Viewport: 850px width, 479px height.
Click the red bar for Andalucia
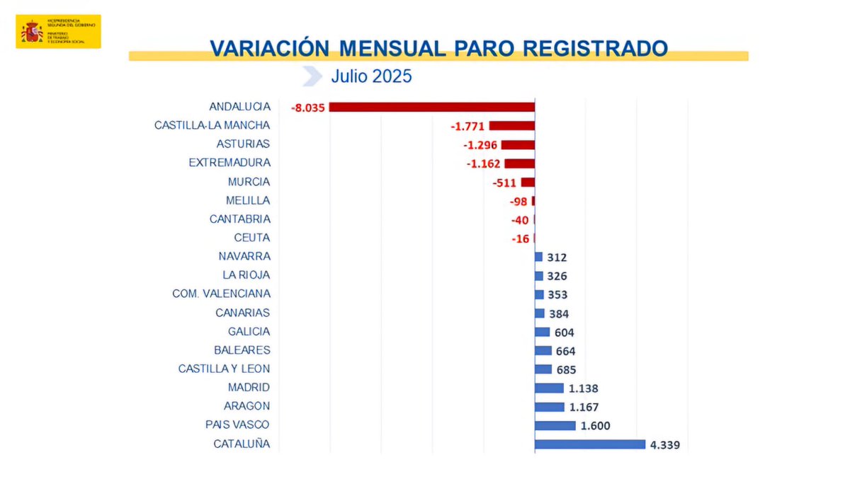431,107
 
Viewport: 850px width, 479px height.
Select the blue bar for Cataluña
589,444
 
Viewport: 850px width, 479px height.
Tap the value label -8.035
307,108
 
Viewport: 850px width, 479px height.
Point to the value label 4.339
664,445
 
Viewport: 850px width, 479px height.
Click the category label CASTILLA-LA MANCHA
212,125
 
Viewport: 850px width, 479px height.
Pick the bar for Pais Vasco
555,425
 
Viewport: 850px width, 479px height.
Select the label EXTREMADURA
229,163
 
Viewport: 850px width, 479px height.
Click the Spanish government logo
58,32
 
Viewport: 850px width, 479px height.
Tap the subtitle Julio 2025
371,76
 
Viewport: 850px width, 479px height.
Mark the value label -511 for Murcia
504,183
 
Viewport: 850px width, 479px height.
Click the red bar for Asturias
517,144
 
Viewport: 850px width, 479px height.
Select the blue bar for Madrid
549,388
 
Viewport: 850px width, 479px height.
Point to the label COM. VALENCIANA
221,294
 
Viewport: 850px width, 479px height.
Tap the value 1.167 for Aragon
584,407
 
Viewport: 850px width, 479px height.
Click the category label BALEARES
242,350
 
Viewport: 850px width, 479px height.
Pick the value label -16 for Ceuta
520,238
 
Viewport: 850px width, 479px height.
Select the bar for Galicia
542,332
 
